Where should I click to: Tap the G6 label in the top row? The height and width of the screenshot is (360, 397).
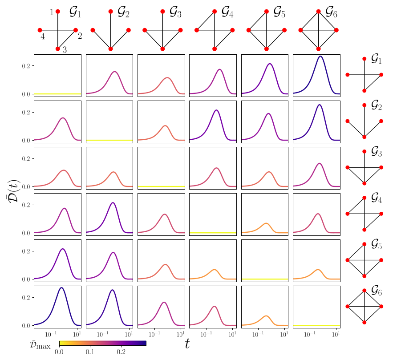click(334, 12)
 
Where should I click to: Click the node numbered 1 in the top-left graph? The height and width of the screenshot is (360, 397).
click(58, 12)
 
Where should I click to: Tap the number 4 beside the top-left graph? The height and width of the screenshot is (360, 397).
click(43, 37)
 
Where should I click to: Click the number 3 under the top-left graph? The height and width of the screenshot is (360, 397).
click(65, 50)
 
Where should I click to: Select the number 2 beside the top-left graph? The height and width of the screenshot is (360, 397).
click(80, 36)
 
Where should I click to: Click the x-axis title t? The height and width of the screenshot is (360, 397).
click(187, 343)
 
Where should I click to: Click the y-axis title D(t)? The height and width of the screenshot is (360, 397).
click(13, 190)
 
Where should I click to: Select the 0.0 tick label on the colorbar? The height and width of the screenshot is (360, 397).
click(59, 352)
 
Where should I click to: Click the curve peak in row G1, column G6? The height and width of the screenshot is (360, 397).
click(320, 56)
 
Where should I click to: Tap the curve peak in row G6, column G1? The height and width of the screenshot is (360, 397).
click(61, 288)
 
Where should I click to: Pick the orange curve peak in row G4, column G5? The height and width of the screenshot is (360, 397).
click(266, 223)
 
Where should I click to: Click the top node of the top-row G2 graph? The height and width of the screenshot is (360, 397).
click(110, 12)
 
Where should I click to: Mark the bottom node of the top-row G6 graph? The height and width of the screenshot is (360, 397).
click(319, 49)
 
